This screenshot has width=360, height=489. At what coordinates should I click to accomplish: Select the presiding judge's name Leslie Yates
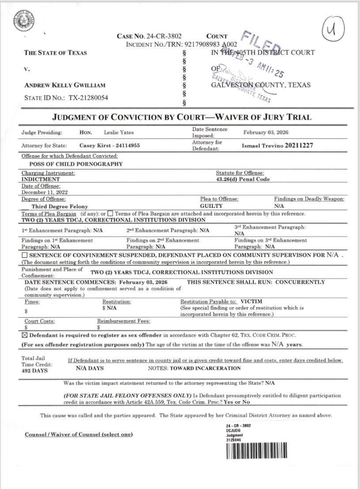pyautogui.click(x=118, y=132)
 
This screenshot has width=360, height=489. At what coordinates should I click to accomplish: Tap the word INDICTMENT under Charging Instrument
pyautogui.click(x=41, y=180)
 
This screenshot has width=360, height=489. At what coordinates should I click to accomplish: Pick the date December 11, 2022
pyautogui.click(x=45, y=192)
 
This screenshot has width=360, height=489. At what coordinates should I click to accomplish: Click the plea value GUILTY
pyautogui.click(x=211, y=206)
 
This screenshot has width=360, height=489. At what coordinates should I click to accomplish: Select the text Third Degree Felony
pyautogui.click(x=60, y=207)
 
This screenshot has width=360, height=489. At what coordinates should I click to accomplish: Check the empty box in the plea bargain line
pyautogui.click(x=110, y=214)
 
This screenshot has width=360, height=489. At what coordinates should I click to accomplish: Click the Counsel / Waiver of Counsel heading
pyautogui.click(x=79, y=435)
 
